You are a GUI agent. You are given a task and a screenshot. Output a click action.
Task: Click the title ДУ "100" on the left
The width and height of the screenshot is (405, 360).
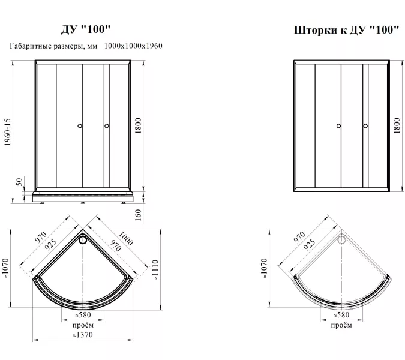(86, 29)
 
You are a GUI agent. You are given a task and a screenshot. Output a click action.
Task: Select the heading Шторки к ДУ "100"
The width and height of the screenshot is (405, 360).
(347, 29)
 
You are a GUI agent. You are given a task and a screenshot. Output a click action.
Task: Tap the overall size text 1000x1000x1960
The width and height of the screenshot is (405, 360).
(133, 46)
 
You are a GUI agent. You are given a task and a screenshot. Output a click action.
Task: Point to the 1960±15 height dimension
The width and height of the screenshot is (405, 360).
(7, 132)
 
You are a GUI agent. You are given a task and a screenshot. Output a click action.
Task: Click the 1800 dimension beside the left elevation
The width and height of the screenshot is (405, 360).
(139, 125)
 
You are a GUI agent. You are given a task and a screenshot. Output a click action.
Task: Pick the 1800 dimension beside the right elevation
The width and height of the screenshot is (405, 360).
(397, 125)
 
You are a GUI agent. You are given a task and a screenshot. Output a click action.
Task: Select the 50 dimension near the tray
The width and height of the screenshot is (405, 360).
(19, 182)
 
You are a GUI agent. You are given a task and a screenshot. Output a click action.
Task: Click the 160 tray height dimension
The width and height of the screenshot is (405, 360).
(139, 215)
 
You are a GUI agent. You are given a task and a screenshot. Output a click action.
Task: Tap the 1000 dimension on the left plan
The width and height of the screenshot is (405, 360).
(126, 238)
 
